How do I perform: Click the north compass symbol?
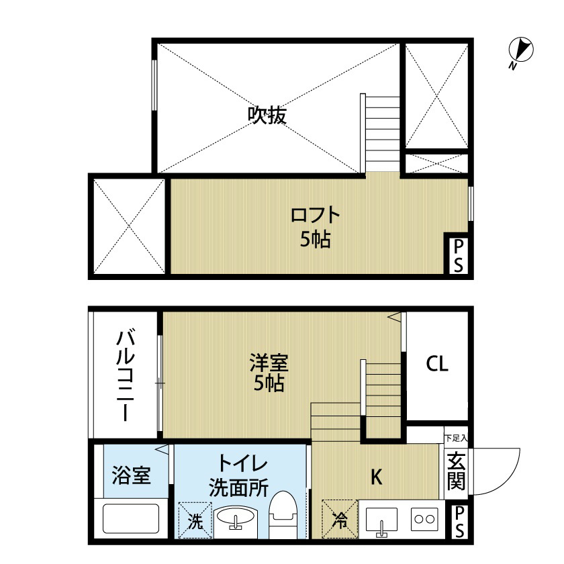pyautogui.click(x=520, y=51)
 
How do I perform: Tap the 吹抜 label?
pyautogui.click(x=267, y=115)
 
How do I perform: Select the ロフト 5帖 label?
pyautogui.click(x=315, y=227)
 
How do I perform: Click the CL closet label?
pyautogui.click(x=437, y=365)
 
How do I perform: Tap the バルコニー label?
pyautogui.click(x=126, y=374)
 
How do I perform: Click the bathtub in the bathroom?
pyautogui.click(x=130, y=520)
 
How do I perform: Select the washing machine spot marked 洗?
pyautogui.click(x=194, y=521)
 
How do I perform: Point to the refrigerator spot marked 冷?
pyautogui.click(x=339, y=520)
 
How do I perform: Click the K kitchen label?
pyautogui.click(x=377, y=477)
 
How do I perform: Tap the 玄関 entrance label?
pyautogui.click(x=457, y=472)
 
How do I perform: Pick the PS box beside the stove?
pyautogui.click(x=459, y=522)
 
